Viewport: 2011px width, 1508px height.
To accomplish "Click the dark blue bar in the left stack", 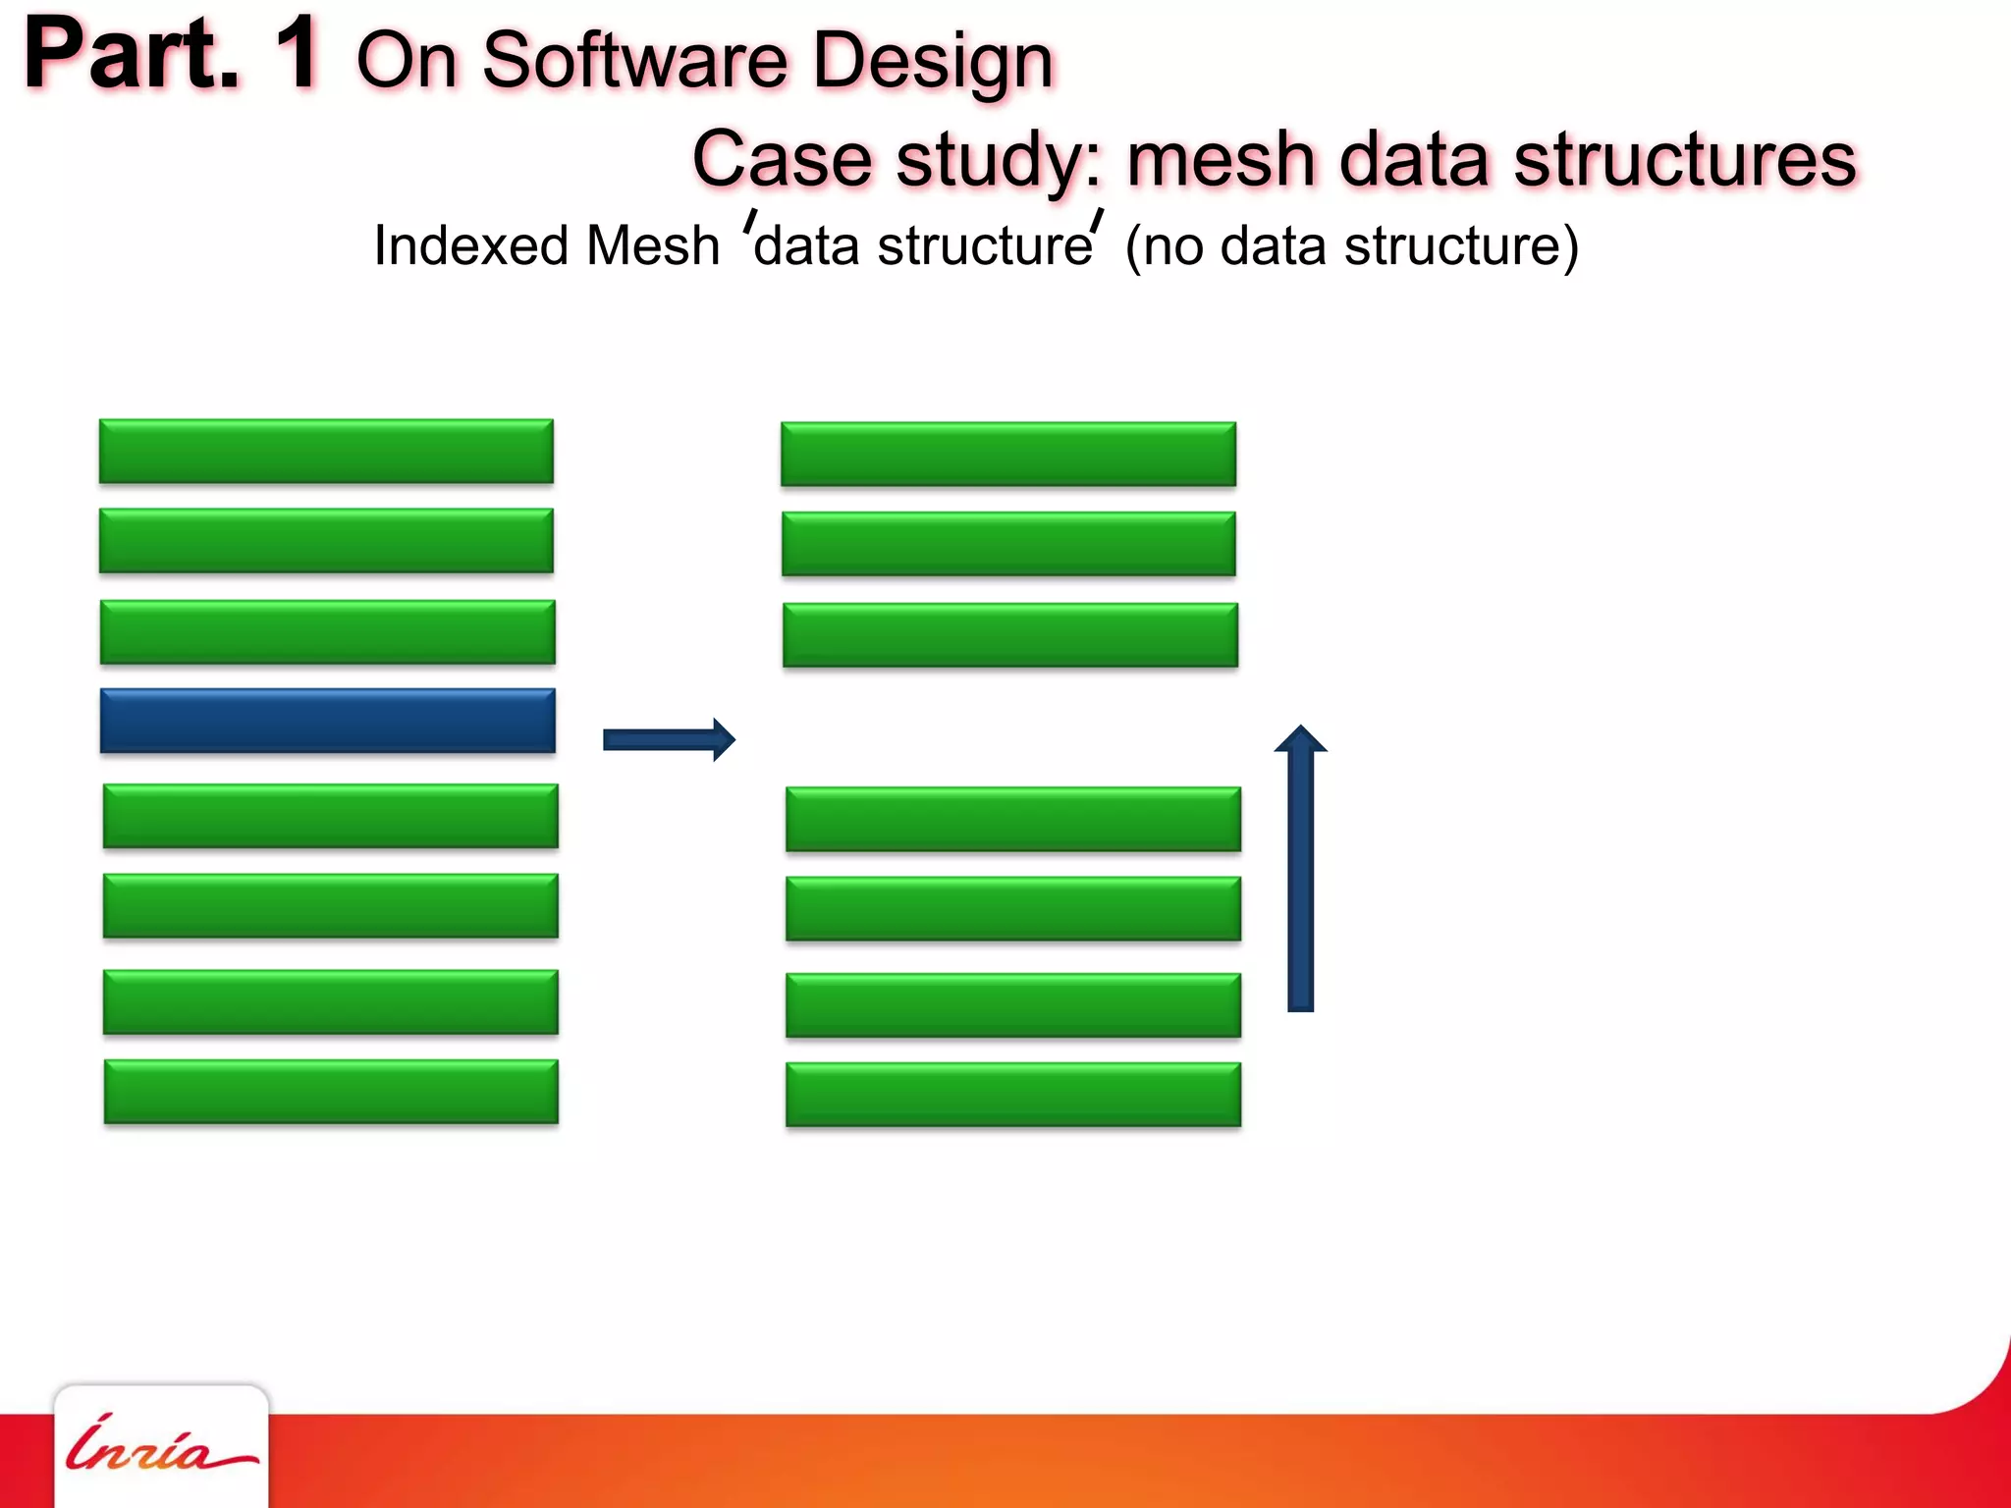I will point(327,721).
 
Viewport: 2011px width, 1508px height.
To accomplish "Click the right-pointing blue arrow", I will point(669,739).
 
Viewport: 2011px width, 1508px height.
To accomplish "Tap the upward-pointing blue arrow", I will point(1300,869).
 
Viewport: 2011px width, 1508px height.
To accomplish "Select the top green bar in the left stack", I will point(326,451).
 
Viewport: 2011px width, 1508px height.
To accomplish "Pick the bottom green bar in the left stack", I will point(331,1091).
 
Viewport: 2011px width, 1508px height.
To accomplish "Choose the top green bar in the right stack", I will point(1008,454).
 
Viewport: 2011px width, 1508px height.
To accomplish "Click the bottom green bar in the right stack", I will point(1012,1094).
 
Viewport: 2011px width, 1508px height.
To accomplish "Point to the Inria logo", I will point(160,1445).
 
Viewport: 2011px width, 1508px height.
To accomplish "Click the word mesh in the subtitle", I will point(1221,159).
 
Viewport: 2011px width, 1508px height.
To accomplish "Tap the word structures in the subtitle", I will point(1685,159).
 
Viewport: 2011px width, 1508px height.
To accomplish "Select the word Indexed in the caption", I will point(470,245).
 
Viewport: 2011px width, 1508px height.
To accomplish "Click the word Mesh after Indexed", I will point(652,245).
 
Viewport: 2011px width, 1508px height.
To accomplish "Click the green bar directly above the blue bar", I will point(327,632).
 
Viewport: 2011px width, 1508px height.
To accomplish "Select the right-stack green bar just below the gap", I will point(1012,819).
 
